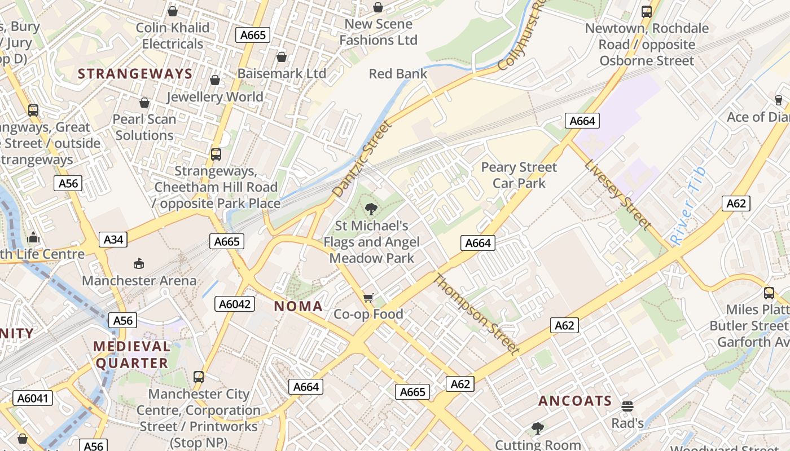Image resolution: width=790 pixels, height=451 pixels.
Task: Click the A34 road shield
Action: tap(113, 240)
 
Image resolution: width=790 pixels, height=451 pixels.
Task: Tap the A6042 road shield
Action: tap(235, 304)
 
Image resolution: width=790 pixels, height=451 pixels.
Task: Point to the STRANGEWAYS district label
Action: tap(135, 73)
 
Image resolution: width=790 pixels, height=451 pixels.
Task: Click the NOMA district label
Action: tap(298, 307)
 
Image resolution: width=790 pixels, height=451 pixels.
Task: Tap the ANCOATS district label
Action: tap(574, 401)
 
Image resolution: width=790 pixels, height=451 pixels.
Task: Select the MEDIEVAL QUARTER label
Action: tap(132, 355)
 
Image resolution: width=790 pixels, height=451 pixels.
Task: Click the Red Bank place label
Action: tap(398, 74)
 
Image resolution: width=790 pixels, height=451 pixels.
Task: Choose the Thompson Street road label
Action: tap(475, 314)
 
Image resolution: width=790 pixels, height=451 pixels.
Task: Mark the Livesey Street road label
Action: tap(617, 194)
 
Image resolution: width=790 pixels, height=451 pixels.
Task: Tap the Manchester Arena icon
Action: tap(138, 263)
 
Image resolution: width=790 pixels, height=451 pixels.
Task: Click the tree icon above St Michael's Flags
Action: tap(371, 209)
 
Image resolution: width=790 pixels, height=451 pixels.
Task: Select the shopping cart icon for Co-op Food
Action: tap(368, 297)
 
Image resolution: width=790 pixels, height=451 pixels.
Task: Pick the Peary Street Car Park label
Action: tap(519, 175)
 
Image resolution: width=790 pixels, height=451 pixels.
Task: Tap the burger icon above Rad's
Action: tap(627, 406)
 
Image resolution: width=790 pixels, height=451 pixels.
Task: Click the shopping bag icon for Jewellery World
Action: tap(215, 81)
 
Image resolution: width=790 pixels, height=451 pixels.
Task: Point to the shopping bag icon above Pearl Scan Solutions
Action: tap(144, 103)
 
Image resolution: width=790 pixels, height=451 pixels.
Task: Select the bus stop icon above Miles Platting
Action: tap(769, 293)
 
